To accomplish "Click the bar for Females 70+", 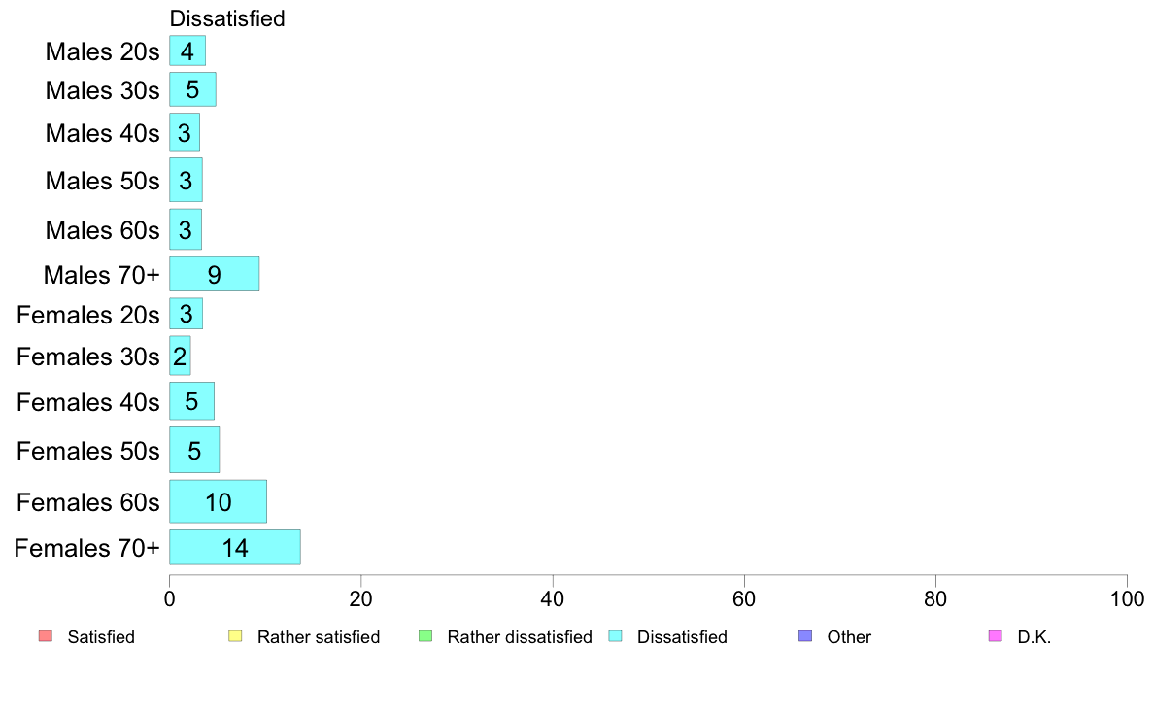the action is coord(235,547).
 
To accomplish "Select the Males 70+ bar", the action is coord(214,274).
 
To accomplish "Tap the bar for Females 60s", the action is coord(218,501).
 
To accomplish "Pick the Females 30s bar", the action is coord(180,356).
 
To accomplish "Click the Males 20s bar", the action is coord(187,51).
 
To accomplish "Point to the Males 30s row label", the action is coord(102,90).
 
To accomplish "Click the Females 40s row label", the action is coord(88,402).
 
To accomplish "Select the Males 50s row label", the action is coord(102,181).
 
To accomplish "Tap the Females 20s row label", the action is coord(88,315).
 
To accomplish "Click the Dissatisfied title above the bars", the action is coord(227,18).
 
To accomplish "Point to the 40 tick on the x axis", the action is coord(553,580).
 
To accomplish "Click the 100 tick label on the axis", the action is coord(1127,598).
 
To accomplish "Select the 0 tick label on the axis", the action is coord(169,598).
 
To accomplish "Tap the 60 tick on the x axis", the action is coord(744,580).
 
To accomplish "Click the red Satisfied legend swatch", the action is coord(46,635).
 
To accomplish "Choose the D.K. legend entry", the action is coord(1020,636).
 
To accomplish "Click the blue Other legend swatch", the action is coord(806,635).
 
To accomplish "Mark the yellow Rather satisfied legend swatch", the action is coord(235,635).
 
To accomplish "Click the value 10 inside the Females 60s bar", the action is coord(219,502).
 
